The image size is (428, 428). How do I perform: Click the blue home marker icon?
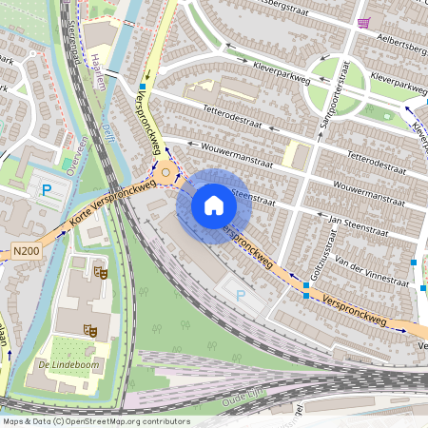(x=214, y=205)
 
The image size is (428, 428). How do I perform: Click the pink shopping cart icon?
(x=362, y=23)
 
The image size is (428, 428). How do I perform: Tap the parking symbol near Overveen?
(x=46, y=189)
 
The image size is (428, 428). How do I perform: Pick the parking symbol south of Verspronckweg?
(x=240, y=296)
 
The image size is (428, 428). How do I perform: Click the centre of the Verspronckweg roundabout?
(x=166, y=172)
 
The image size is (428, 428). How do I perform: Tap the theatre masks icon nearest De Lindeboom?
(x=91, y=329)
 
